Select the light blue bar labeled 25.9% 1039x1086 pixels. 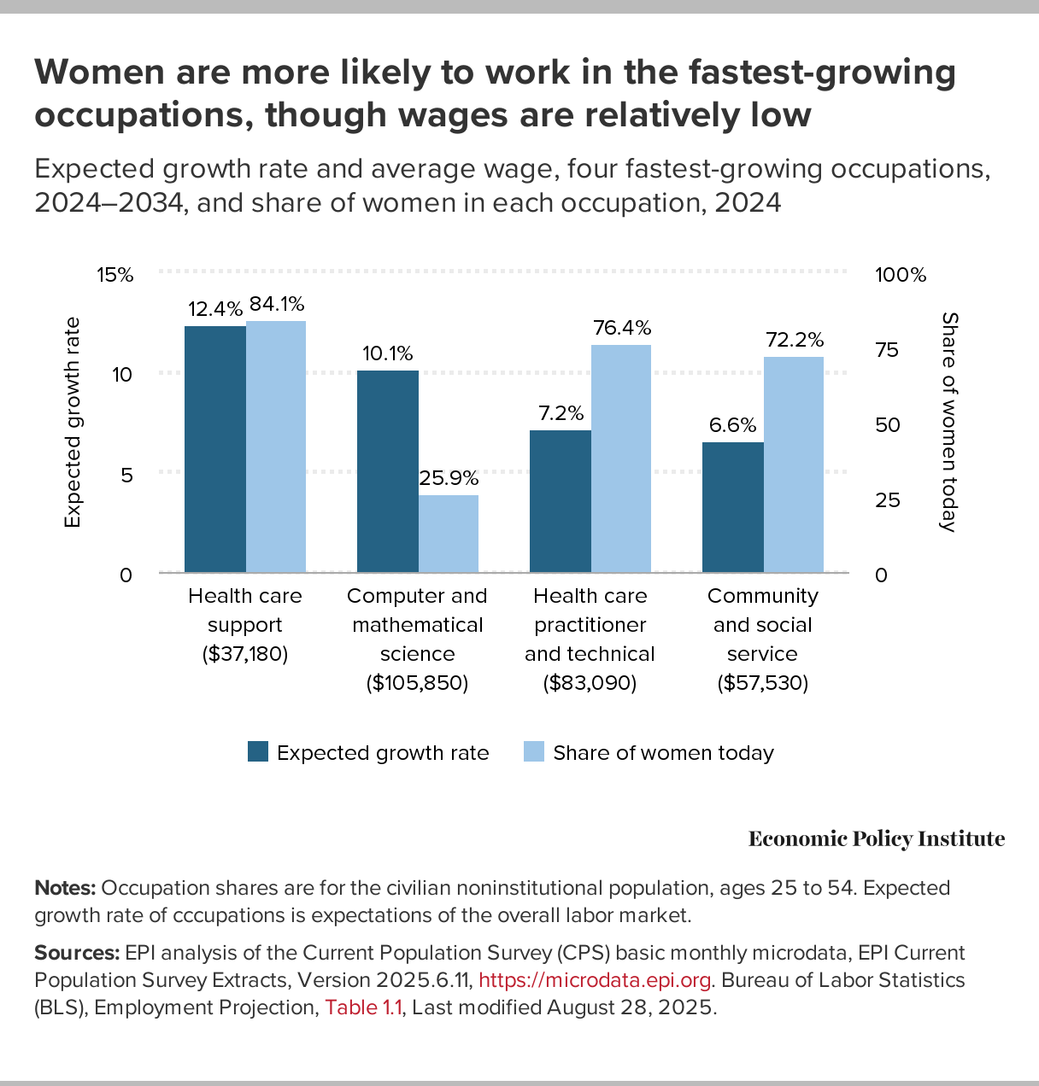pyautogui.click(x=449, y=534)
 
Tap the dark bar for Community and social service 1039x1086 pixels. pyautogui.click(x=733, y=507)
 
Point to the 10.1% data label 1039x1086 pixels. pyautogui.click(x=388, y=353)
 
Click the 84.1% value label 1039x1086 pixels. pyautogui.click(x=277, y=304)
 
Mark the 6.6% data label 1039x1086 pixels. pyautogui.click(x=733, y=425)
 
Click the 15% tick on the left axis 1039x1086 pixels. pyautogui.click(x=115, y=275)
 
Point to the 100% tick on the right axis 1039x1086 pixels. pyautogui.click(x=901, y=275)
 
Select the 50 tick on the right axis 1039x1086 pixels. pyautogui.click(x=889, y=425)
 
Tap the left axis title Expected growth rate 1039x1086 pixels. pyautogui.click(x=73, y=423)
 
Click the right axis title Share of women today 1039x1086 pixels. pyautogui.click(x=948, y=422)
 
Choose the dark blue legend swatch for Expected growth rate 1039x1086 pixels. pyautogui.click(x=258, y=751)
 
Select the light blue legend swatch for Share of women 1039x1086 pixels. pyautogui.click(x=534, y=751)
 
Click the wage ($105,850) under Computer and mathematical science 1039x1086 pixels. pyautogui.click(x=417, y=683)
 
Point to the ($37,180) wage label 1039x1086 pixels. pyautogui.click(x=245, y=654)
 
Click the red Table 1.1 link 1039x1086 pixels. pyautogui.click(x=363, y=1007)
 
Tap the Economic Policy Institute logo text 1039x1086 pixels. pyautogui.click(x=877, y=839)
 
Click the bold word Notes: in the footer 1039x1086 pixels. pyautogui.click(x=65, y=888)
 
